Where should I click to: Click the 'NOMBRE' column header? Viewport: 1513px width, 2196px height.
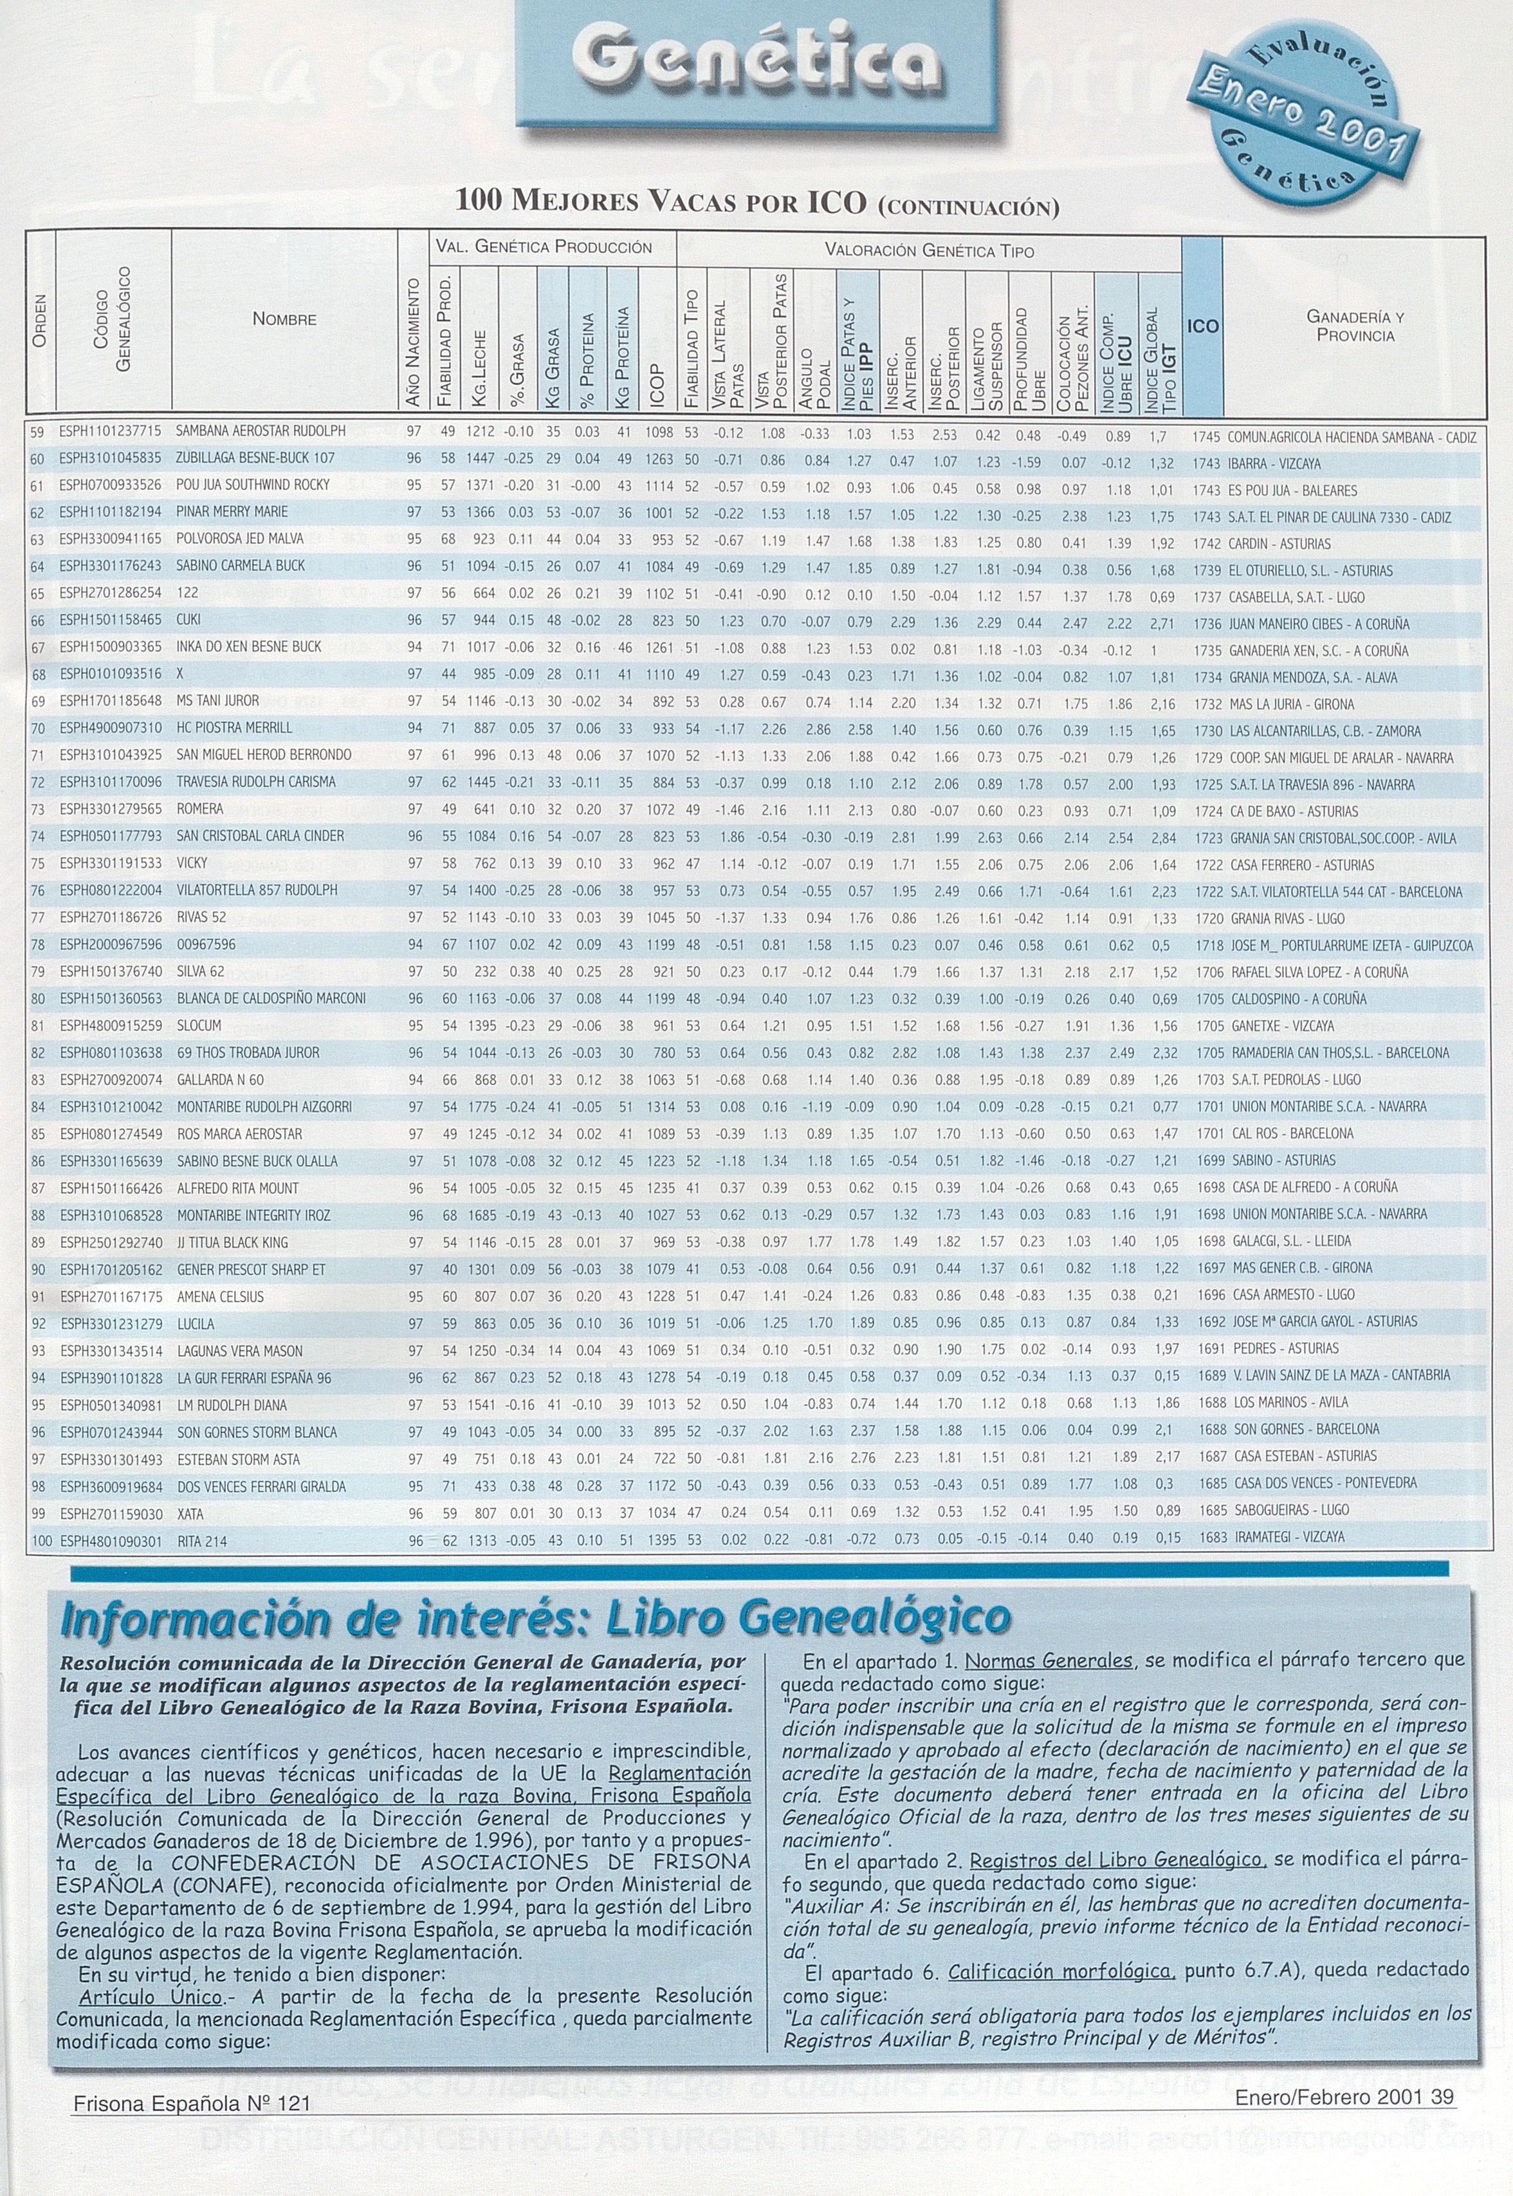[284, 319]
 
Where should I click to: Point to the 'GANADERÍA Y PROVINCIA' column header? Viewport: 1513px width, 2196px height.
[1355, 326]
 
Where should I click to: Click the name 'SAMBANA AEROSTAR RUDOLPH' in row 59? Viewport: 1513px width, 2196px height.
[261, 431]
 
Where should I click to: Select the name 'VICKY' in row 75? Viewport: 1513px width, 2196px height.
[192, 863]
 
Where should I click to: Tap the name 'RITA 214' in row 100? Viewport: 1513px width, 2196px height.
[202, 1541]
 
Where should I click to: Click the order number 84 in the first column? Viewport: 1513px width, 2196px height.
[39, 1106]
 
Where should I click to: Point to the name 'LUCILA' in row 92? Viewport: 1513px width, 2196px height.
[196, 1324]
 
